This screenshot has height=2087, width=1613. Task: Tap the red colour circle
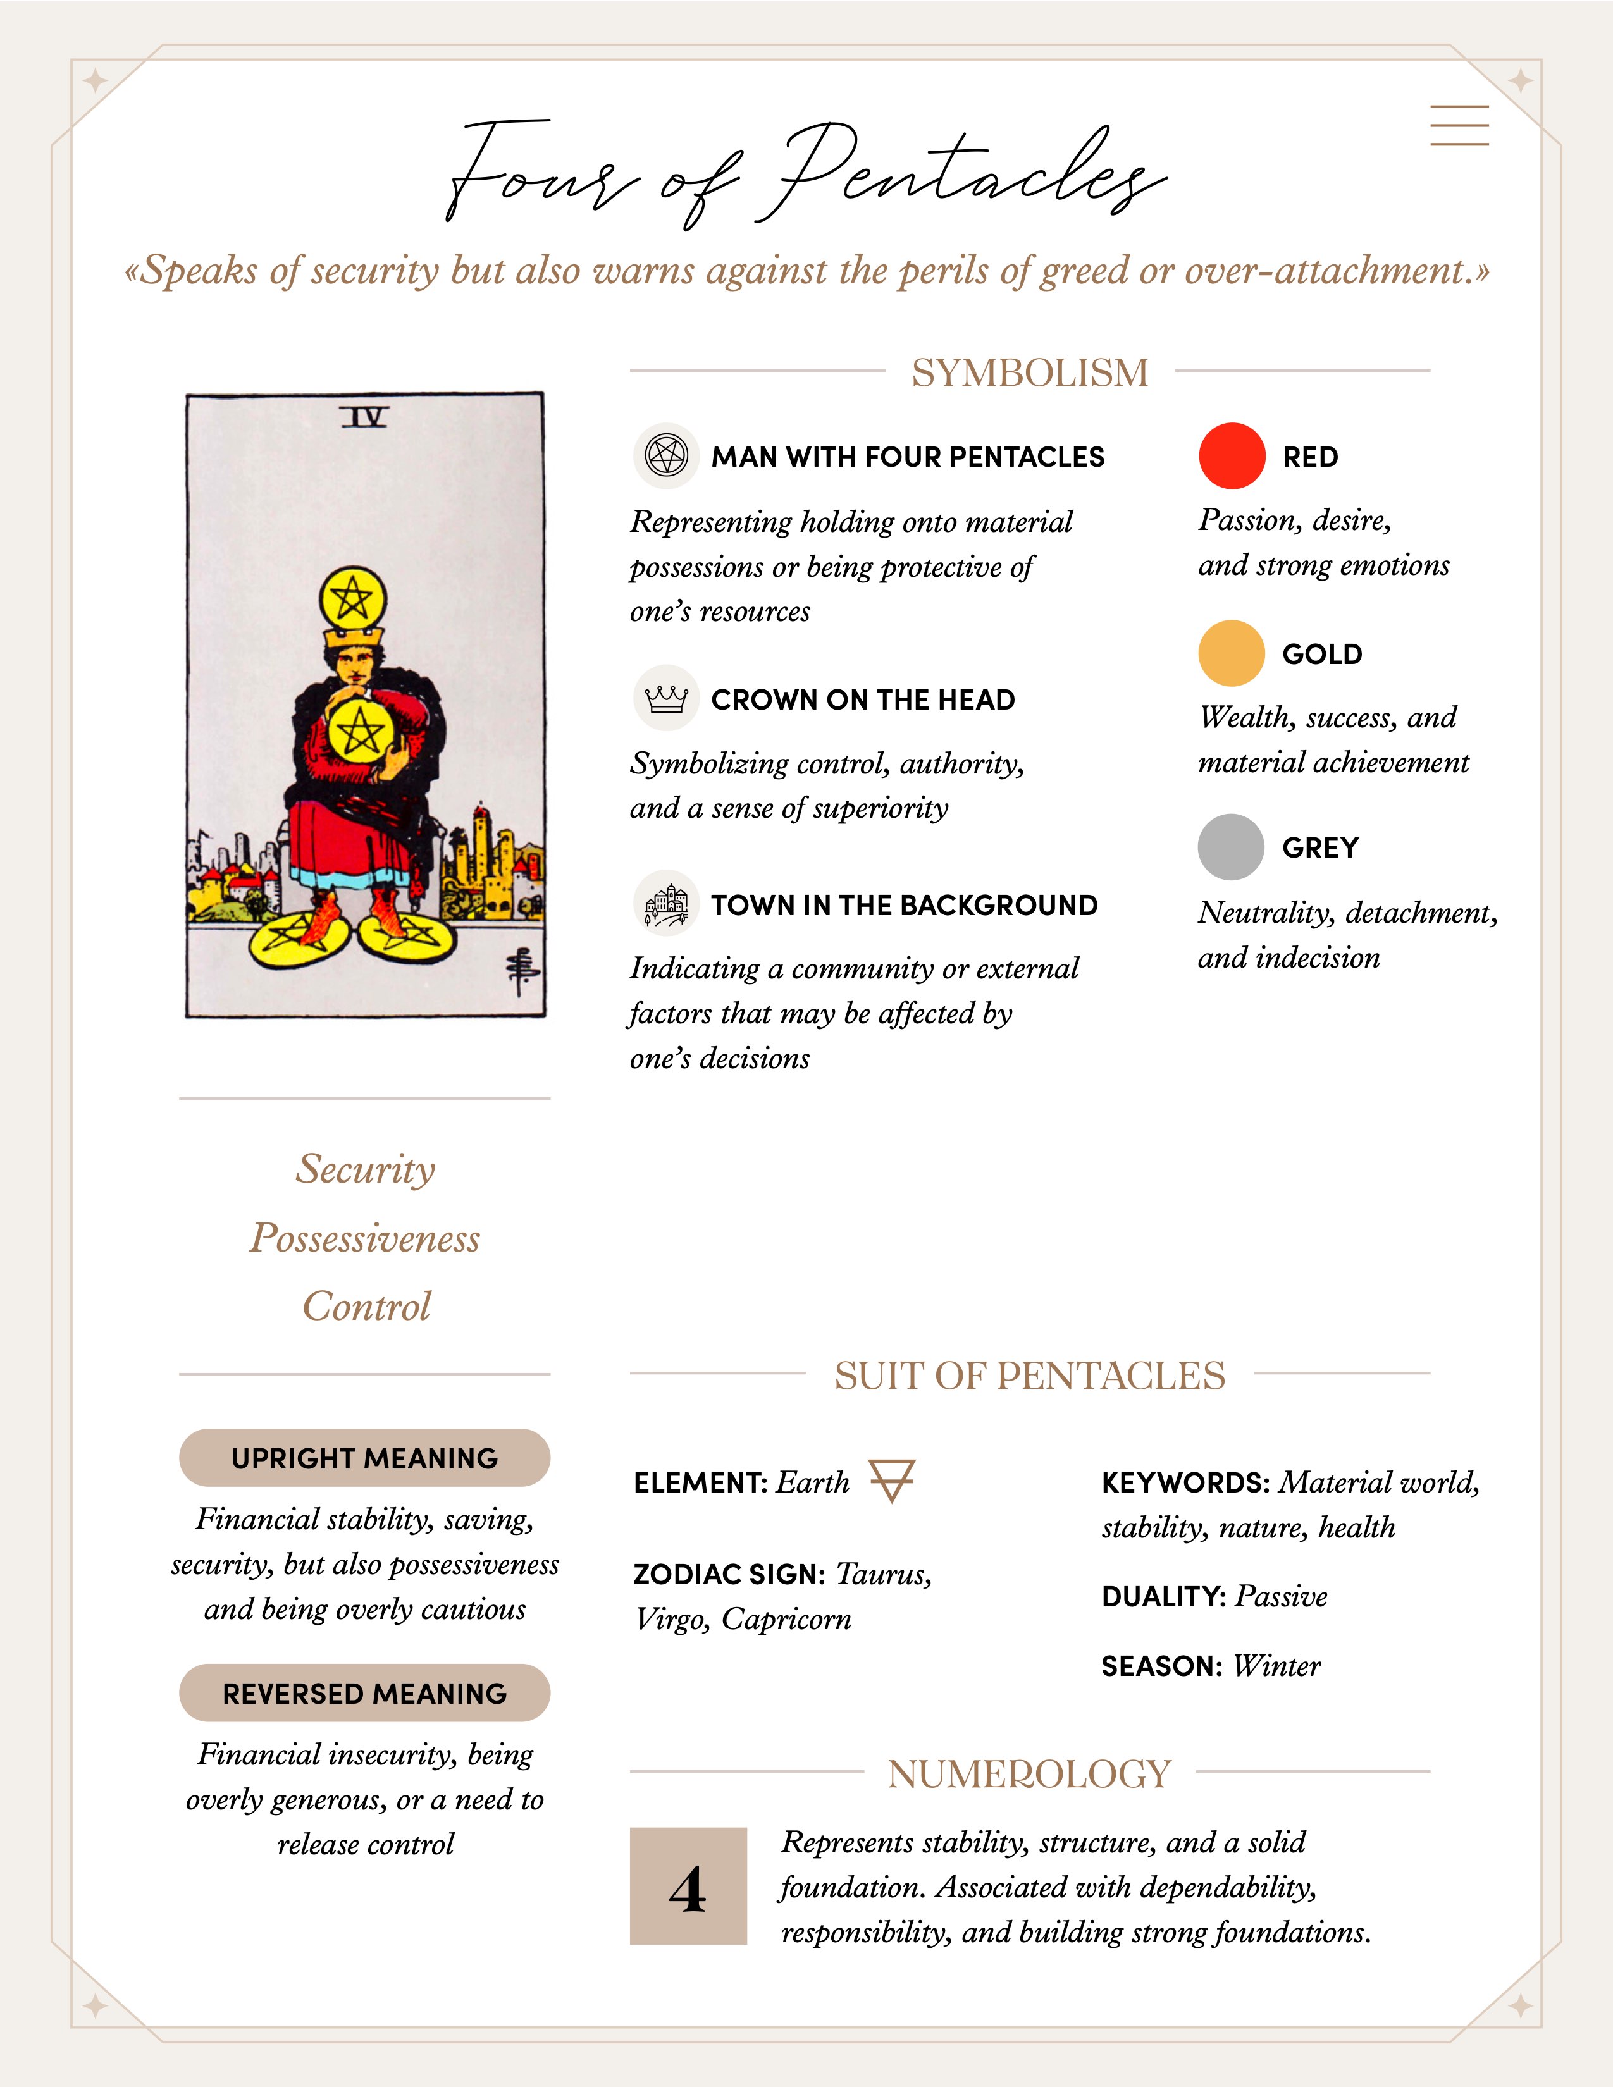tap(1232, 456)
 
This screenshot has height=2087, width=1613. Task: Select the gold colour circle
tap(1231, 654)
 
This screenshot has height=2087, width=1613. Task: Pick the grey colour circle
tap(1231, 847)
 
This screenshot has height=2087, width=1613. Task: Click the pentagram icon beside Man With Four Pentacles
tap(666, 456)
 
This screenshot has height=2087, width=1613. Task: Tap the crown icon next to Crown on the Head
tap(666, 699)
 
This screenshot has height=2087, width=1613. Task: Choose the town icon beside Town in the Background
tap(666, 904)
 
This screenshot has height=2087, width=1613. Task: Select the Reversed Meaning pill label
tap(364, 1692)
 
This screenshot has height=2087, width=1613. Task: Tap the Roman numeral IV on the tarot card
tap(364, 417)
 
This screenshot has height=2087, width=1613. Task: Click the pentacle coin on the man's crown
tap(352, 599)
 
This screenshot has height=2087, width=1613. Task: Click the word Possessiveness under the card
tap(365, 1238)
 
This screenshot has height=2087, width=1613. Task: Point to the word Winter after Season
tap(1276, 1666)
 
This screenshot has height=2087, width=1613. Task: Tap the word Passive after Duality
tap(1280, 1596)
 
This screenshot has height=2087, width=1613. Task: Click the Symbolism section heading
tap(1029, 372)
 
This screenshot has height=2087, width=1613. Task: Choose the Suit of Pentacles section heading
tap(1029, 1375)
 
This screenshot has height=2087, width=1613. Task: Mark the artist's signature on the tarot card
tap(522, 972)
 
